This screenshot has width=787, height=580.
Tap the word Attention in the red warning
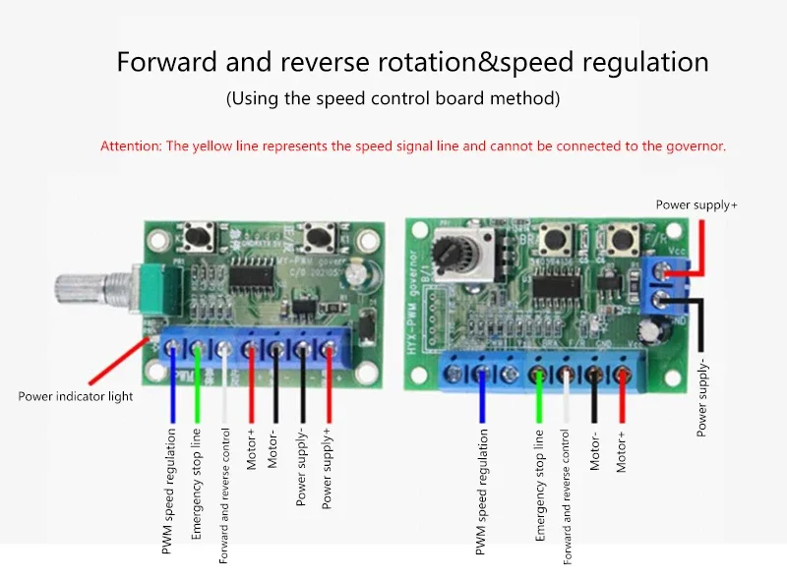point(130,145)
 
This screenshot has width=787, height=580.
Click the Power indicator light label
point(75,397)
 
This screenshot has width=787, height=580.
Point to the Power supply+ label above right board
point(696,204)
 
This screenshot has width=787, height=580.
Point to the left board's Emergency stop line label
point(197,483)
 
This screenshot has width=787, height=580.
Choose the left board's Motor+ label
point(252,448)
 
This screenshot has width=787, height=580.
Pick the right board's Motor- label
point(595,451)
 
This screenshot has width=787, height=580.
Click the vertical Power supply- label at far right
point(701,398)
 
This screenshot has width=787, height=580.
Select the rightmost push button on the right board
point(622,239)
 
